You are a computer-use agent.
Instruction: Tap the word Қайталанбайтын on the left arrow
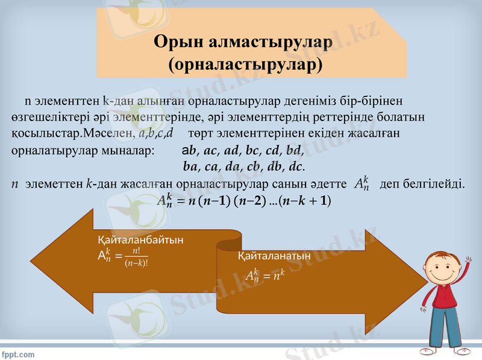click(x=140, y=239)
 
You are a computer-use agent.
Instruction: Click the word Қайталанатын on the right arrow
click(x=274, y=256)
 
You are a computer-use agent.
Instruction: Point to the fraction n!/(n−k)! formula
click(x=140, y=257)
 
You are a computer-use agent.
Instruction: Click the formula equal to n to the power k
click(x=264, y=276)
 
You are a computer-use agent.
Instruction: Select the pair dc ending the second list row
click(x=296, y=165)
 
